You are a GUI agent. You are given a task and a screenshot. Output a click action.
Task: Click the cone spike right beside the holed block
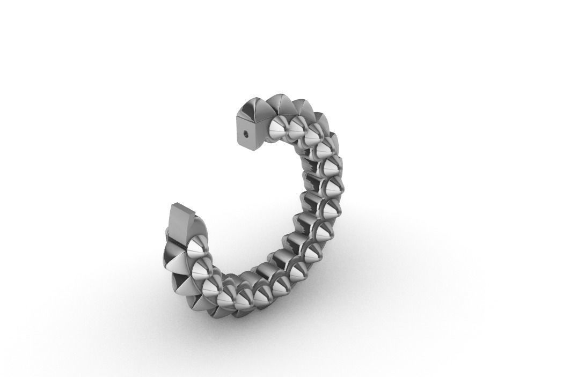point(280,129)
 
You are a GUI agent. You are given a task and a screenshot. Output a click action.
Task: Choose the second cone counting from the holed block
point(298,129)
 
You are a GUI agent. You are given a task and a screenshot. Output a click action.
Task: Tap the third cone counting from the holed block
point(314,136)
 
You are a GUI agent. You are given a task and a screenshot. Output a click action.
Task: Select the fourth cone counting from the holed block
point(326,150)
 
